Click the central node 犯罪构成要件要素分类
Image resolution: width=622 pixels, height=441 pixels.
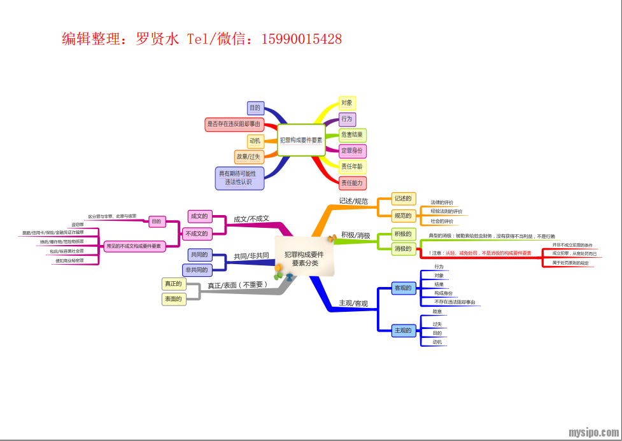pos(304,258)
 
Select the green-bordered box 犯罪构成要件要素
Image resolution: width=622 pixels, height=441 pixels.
pos(301,140)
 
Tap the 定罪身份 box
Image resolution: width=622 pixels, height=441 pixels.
pos(351,151)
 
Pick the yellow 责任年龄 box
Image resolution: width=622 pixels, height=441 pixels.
pos(351,167)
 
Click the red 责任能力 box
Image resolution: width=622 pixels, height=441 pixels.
pos(351,183)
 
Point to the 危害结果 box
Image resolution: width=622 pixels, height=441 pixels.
pos(351,135)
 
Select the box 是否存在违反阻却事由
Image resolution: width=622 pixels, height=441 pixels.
pos(234,124)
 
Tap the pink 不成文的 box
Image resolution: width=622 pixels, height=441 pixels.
pos(196,234)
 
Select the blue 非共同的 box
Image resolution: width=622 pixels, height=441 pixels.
pos(196,270)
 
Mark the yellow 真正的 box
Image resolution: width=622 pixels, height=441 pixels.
pos(173,284)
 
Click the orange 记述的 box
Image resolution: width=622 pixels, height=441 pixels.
pos(402,199)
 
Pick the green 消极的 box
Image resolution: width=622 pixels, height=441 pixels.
pos(402,248)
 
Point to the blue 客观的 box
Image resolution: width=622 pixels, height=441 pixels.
pos(402,288)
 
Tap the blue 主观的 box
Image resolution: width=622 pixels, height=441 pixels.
pos(402,330)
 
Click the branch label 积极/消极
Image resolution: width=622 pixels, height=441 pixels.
pos(355,235)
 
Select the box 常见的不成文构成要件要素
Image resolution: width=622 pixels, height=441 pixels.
pos(134,246)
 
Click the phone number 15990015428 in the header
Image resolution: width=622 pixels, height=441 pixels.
pos(301,39)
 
